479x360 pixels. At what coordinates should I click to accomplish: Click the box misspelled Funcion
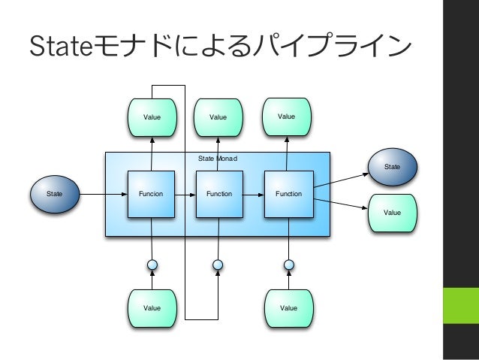(151, 194)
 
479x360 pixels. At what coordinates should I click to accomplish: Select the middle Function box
(219, 194)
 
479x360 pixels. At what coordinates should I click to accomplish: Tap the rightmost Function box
(289, 194)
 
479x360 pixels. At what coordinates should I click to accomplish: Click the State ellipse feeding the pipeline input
(55, 194)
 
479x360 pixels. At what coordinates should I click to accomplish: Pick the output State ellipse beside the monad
(393, 167)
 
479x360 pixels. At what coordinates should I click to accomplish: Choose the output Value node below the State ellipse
(393, 213)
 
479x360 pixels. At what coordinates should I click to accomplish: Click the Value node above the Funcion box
(152, 117)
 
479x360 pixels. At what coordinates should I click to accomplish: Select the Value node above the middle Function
(218, 117)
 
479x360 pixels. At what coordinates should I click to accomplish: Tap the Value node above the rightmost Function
(287, 116)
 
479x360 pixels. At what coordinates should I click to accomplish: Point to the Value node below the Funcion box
(152, 308)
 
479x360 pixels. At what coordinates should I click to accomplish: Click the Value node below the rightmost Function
(289, 308)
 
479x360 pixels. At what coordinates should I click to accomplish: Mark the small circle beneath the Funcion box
(152, 265)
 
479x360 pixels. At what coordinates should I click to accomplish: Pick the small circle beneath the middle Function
(218, 265)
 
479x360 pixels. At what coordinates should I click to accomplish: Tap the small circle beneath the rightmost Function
(289, 265)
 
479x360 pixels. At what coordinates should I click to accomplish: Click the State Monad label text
(218, 159)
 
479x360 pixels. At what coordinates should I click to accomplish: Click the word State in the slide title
(61, 46)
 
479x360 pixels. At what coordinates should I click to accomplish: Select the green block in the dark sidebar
(461, 305)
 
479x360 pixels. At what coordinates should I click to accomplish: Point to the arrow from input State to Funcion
(104, 194)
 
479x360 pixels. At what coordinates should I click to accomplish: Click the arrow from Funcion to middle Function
(185, 195)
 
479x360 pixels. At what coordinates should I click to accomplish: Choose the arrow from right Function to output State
(341, 180)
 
